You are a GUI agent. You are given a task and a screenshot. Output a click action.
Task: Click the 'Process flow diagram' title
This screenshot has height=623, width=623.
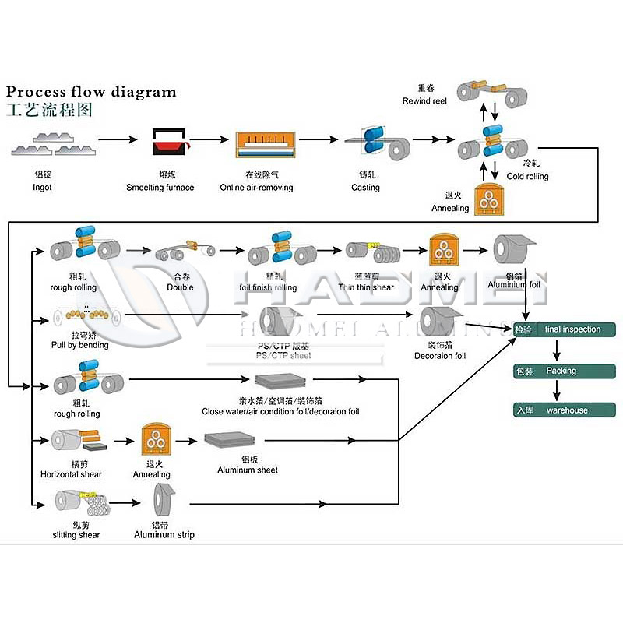pos(91,92)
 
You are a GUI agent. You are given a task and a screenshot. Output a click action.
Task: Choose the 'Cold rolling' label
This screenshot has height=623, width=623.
pos(527,176)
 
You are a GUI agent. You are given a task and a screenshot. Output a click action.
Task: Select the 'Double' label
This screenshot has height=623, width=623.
pos(180,287)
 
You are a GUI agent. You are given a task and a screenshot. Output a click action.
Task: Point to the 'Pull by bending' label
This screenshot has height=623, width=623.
pos(80,345)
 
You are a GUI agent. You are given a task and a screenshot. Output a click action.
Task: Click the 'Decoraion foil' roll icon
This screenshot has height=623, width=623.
pos(438,321)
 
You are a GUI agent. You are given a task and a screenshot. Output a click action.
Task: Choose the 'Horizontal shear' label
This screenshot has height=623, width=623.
pos(71,474)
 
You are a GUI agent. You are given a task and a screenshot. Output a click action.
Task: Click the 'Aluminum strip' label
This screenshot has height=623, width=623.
pos(164,535)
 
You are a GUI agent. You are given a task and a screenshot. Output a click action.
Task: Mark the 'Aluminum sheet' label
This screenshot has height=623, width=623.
pos(248,470)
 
